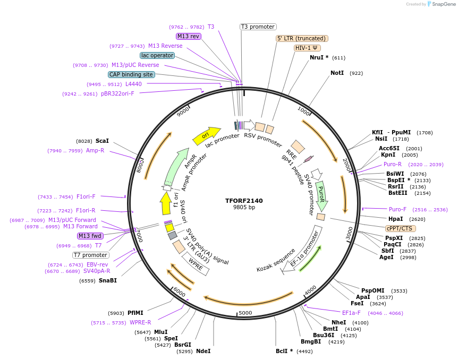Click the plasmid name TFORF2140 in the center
[x=244, y=201]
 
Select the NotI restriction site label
[x=337, y=73]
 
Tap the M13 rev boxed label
[x=189, y=36]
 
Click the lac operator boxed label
[x=157, y=55]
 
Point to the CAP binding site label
[x=131, y=75]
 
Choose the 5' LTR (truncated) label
[x=302, y=38]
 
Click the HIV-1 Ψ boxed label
[x=307, y=48]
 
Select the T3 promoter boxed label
[x=258, y=27]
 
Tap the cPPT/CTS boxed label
[x=399, y=228]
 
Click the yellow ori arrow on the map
[x=206, y=135]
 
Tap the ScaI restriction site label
[x=102, y=141]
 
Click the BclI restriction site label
[x=284, y=351]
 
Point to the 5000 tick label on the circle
[x=245, y=313]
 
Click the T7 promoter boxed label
[x=91, y=255]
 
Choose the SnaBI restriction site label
[x=107, y=280]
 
